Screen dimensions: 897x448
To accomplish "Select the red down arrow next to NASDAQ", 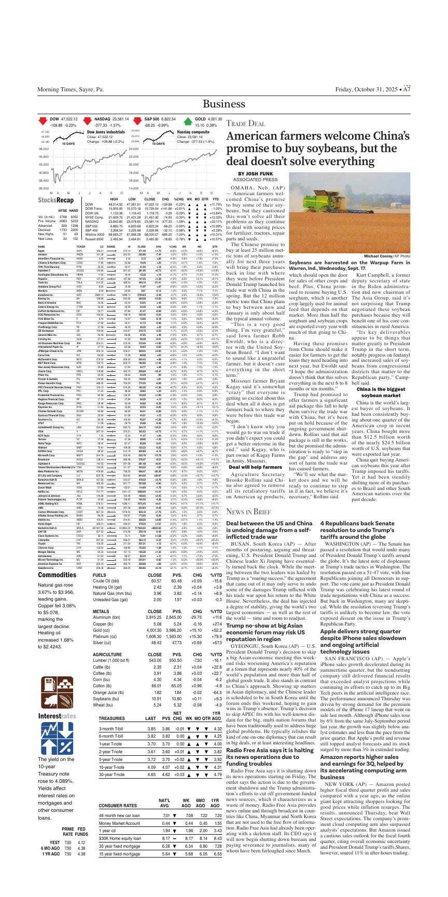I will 88,123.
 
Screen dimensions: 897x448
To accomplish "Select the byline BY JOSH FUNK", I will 256,173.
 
